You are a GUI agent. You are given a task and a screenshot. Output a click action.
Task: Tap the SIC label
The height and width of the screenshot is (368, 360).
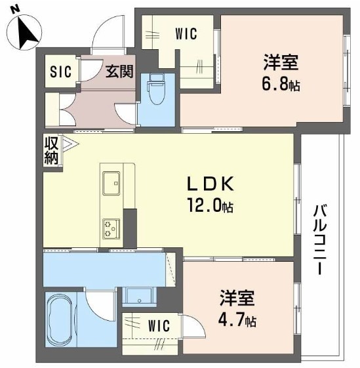[x=60, y=72]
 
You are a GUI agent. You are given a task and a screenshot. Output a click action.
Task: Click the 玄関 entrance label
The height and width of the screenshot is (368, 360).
[x=119, y=71]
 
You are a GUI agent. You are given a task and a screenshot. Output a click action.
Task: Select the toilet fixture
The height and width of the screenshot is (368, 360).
[x=157, y=89]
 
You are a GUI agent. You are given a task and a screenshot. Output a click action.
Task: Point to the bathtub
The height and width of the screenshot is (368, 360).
[x=60, y=320]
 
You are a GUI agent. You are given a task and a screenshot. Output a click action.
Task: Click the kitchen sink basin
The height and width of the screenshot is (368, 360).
[x=111, y=183]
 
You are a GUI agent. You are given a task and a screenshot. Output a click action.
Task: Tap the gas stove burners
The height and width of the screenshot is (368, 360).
[x=111, y=229]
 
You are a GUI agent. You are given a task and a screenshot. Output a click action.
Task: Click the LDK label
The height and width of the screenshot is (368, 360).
[x=210, y=184]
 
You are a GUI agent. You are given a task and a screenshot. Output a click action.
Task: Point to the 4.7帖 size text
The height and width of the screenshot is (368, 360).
[x=237, y=320]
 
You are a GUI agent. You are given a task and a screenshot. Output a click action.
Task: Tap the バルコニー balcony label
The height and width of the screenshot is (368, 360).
[x=320, y=239]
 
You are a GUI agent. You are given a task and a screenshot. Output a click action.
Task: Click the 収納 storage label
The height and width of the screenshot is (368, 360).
[x=51, y=150]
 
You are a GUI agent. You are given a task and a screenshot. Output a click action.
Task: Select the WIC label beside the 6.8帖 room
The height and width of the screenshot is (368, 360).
[x=186, y=34]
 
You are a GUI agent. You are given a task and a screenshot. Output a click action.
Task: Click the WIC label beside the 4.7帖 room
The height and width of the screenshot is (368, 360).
[x=159, y=326]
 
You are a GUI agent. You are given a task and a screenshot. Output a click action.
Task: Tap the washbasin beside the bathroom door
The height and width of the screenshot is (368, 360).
[x=140, y=296]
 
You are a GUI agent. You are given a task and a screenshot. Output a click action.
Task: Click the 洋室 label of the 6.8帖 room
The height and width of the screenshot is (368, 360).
[x=281, y=62]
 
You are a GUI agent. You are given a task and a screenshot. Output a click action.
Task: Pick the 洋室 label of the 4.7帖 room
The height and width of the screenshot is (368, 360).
[x=237, y=298]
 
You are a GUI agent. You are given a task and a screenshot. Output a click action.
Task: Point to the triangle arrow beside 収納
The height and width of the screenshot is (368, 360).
[x=70, y=143]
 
